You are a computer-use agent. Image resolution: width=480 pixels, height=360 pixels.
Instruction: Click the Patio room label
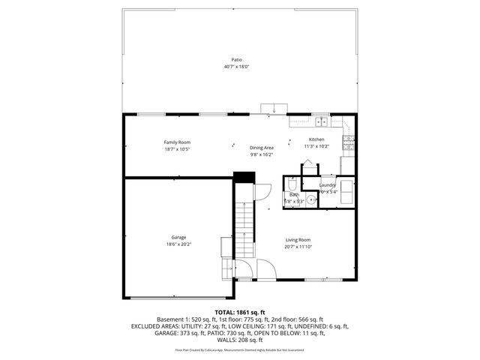236,59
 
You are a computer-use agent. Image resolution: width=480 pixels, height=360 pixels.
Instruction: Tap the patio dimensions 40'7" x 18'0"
236,67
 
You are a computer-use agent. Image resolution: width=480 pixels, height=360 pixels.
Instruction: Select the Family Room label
178,142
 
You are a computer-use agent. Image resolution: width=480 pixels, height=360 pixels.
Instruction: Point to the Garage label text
178,238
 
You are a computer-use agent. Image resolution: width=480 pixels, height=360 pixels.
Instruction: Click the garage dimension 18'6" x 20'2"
178,244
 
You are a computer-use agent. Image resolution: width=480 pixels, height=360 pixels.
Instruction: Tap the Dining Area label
262,148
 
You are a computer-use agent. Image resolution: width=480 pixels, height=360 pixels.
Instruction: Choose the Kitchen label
316,139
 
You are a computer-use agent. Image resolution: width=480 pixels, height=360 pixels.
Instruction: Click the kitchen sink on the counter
321,121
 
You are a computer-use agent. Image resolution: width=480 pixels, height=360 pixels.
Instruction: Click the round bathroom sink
310,199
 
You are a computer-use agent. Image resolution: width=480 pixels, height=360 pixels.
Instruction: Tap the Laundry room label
327,184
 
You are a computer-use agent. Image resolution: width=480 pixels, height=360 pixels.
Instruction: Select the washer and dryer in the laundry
347,187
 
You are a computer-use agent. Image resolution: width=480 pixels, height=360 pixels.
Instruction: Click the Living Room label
298,239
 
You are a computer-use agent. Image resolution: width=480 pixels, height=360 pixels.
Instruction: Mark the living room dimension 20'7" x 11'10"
298,246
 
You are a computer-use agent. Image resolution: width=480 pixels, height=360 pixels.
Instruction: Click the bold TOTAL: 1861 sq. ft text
241,311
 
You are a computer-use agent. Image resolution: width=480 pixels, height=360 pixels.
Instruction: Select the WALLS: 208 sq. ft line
241,339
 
